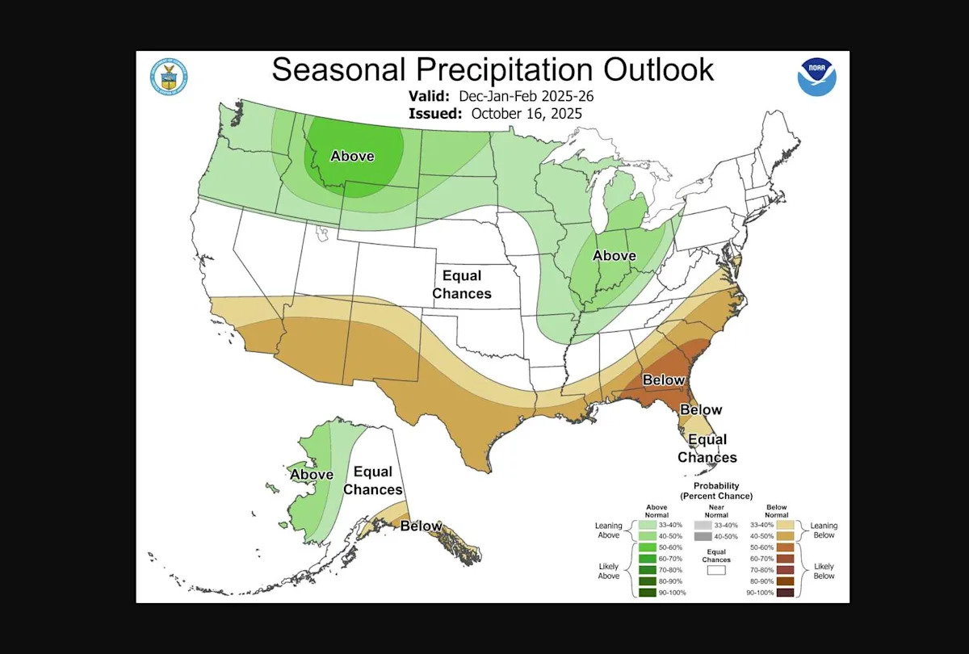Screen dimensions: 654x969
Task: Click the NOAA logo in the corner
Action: [816, 77]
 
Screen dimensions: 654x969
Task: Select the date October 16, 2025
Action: [526, 114]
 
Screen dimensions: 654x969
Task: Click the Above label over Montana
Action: [352, 156]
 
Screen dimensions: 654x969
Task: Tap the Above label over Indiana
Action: [614, 256]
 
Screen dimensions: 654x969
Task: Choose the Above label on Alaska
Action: [312, 475]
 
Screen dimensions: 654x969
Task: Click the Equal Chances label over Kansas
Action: [462, 285]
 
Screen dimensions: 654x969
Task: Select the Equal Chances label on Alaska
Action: [373, 480]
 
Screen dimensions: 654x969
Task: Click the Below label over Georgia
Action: [664, 379]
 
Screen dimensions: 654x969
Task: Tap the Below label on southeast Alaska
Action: [422, 526]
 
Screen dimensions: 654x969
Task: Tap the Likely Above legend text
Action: [608, 570]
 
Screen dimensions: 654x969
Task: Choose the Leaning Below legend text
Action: [824, 530]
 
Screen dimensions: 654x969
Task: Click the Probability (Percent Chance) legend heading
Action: [715, 490]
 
